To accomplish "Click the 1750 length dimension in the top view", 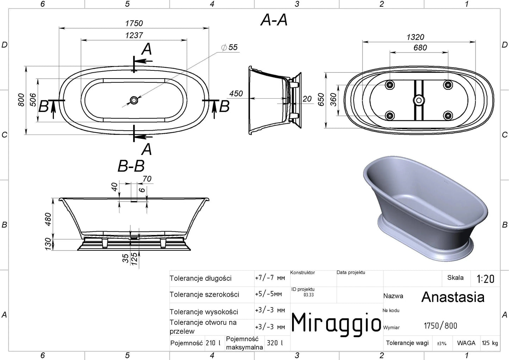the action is [x=134, y=23].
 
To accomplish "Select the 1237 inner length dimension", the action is [x=134, y=35].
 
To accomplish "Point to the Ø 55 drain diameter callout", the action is [x=229, y=47].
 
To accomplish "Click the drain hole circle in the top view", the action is [x=134, y=100].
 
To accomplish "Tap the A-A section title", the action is [x=274, y=20].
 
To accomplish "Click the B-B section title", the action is [x=131, y=166].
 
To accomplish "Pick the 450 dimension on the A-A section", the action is [x=236, y=93].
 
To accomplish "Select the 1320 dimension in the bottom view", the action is [x=415, y=37].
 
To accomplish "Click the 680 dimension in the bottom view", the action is [x=420, y=48].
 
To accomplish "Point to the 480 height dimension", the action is [x=48, y=219].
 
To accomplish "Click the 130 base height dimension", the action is [x=48, y=244].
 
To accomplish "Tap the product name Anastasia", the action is [x=453, y=297].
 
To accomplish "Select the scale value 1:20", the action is [x=485, y=279].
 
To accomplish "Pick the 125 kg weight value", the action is [x=490, y=343].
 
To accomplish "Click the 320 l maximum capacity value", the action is [x=275, y=343].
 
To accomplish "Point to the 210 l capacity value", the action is [x=213, y=343].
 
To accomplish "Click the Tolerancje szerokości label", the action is [x=204, y=294].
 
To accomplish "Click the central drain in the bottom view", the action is [x=418, y=100].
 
